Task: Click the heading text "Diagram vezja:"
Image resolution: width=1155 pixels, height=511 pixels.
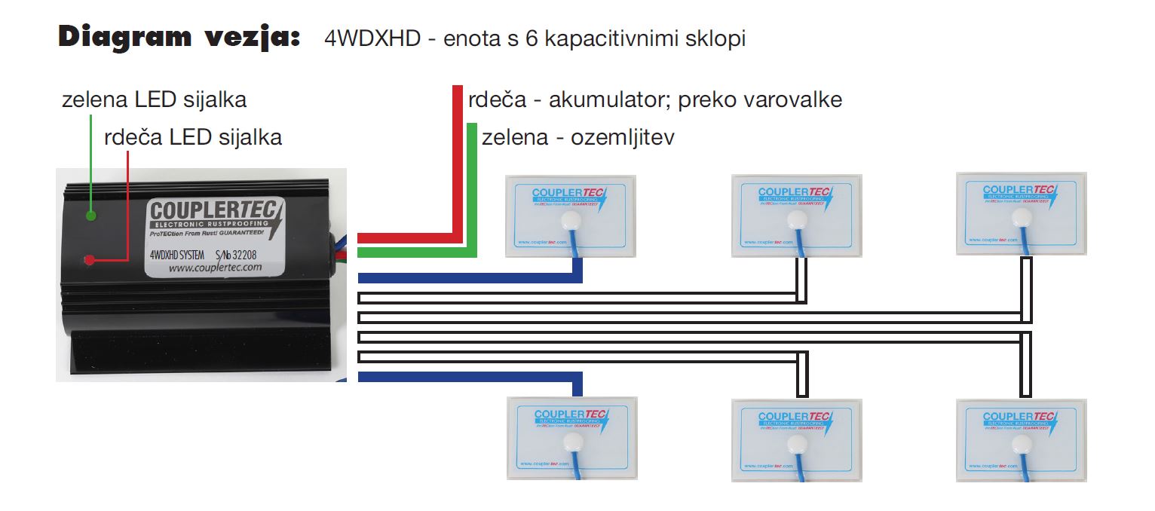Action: click(179, 37)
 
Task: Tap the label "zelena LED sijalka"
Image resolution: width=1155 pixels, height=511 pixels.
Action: click(154, 99)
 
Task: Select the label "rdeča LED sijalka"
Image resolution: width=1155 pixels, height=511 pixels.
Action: click(193, 137)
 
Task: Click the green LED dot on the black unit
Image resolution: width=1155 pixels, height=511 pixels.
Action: click(90, 216)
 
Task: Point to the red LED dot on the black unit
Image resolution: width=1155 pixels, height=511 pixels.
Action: click(89, 260)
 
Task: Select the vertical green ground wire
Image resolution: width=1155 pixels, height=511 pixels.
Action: click(473, 188)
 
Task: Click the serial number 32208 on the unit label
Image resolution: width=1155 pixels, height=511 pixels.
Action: click(252, 255)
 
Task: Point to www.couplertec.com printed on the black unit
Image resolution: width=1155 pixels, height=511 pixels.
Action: click(215, 268)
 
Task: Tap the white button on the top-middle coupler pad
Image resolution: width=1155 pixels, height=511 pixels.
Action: click(796, 220)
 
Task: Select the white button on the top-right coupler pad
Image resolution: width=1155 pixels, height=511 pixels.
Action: click(1022, 218)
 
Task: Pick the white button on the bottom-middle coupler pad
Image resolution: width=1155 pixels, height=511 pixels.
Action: click(796, 442)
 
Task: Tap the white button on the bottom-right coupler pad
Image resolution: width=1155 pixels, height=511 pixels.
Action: click(1022, 442)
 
